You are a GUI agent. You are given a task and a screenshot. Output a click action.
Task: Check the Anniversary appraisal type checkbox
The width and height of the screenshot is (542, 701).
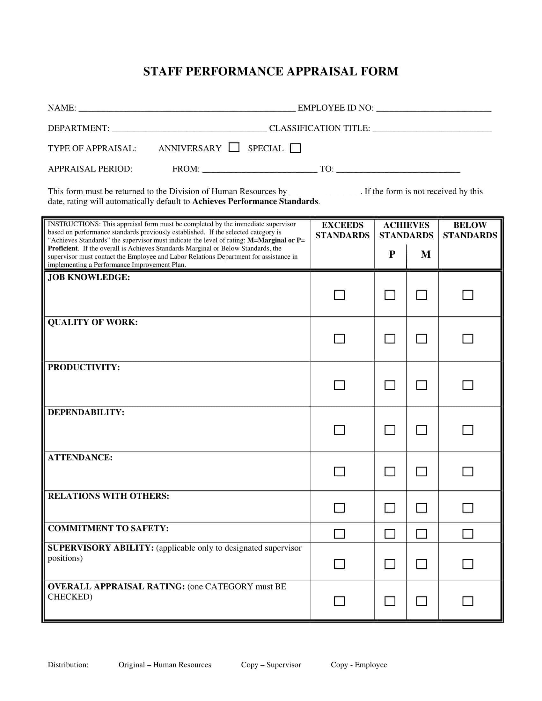click(x=234, y=147)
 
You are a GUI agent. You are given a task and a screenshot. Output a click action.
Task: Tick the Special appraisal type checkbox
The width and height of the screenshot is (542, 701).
click(x=295, y=148)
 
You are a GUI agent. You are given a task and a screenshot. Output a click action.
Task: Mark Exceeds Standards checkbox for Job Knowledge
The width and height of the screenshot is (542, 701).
click(x=339, y=295)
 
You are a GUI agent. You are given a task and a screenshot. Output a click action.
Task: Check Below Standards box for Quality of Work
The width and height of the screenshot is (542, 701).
click(x=467, y=339)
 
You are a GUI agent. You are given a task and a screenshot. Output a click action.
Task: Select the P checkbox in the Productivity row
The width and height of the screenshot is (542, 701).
click(x=390, y=385)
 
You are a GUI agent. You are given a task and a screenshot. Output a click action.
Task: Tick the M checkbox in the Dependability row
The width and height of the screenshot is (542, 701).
click(x=421, y=430)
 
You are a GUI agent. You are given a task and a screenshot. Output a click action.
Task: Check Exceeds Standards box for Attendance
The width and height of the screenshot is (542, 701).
click(x=339, y=472)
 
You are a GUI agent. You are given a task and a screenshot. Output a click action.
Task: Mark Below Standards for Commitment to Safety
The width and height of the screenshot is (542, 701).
click(x=467, y=534)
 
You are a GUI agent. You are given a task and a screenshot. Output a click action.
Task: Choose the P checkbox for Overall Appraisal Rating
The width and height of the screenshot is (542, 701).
click(x=390, y=601)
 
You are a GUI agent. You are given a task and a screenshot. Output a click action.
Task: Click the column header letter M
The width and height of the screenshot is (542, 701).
click(x=425, y=254)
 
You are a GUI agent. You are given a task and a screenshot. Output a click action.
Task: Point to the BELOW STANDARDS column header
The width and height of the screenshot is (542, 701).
click(x=470, y=230)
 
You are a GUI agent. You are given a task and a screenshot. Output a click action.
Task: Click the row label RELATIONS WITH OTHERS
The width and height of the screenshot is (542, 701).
click(x=108, y=496)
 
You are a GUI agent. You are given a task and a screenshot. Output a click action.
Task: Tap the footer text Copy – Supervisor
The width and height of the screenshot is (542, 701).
click(x=271, y=664)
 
